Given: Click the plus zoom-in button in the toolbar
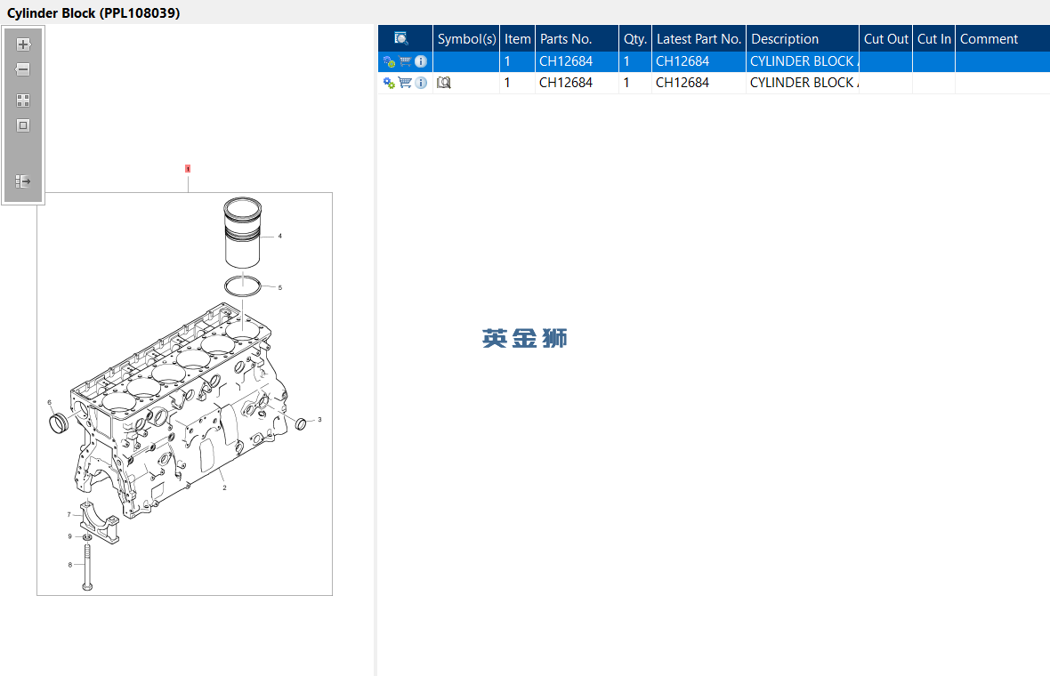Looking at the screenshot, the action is click(x=23, y=44).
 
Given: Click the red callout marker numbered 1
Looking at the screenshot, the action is click(x=188, y=169).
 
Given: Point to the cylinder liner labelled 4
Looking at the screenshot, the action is click(x=242, y=232).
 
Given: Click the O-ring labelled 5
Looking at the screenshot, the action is click(x=242, y=286).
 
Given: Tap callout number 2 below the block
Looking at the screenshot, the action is click(x=224, y=488).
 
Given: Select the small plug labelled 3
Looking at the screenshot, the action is click(x=301, y=423).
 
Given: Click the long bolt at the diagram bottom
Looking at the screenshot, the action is click(x=87, y=567).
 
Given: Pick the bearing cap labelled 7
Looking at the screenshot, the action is click(x=99, y=521).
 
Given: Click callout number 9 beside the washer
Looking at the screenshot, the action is click(x=69, y=536).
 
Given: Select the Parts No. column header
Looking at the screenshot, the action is click(x=566, y=39).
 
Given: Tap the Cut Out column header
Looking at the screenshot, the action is click(x=886, y=39).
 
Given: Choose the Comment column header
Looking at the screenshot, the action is click(x=989, y=39).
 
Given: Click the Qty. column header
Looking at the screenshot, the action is click(x=634, y=39).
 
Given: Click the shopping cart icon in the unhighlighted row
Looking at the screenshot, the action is click(x=405, y=83).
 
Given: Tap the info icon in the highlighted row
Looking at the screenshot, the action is click(x=421, y=60).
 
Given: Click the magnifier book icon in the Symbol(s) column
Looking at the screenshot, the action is click(x=443, y=83).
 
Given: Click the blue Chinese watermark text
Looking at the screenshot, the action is click(x=524, y=338).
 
